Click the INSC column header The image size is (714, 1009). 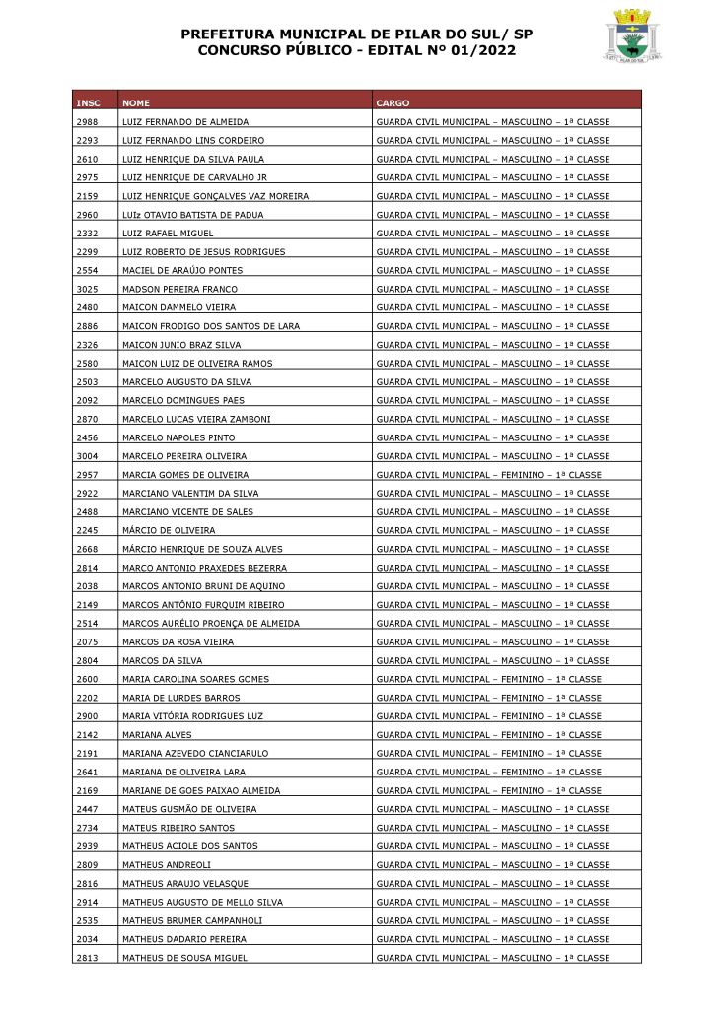coord(88,102)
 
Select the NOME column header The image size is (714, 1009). coord(136,102)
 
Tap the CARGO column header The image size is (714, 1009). coord(393,102)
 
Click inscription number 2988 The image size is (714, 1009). coord(86,122)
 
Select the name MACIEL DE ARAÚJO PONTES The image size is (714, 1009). coord(181,270)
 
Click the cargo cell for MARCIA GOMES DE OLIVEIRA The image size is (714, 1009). coord(488,475)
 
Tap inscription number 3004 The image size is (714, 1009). coord(86,456)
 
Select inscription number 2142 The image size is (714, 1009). coord(86,735)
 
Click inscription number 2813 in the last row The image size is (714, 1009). coord(86,958)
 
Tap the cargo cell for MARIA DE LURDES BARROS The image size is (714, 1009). coord(488,698)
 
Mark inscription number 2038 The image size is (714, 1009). coord(86,586)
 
